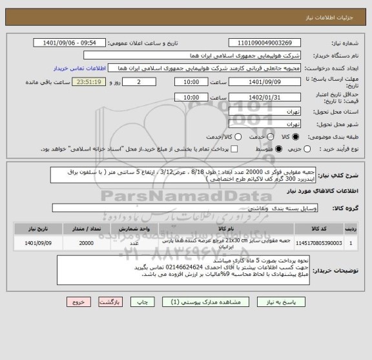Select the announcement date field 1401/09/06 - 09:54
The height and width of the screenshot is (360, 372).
(74, 43)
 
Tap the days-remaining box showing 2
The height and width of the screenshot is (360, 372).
(140, 82)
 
